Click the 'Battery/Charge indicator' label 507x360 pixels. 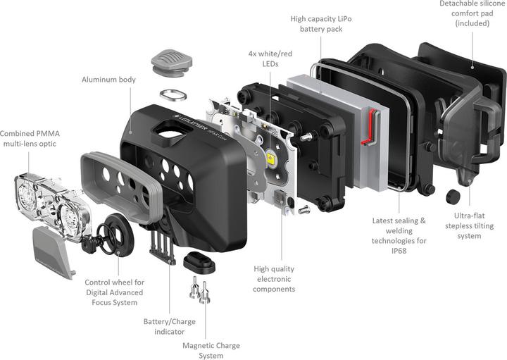tap(169, 326)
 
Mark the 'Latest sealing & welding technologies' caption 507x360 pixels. tap(399, 232)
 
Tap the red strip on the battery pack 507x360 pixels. tap(367, 140)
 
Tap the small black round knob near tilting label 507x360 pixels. tap(451, 195)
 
